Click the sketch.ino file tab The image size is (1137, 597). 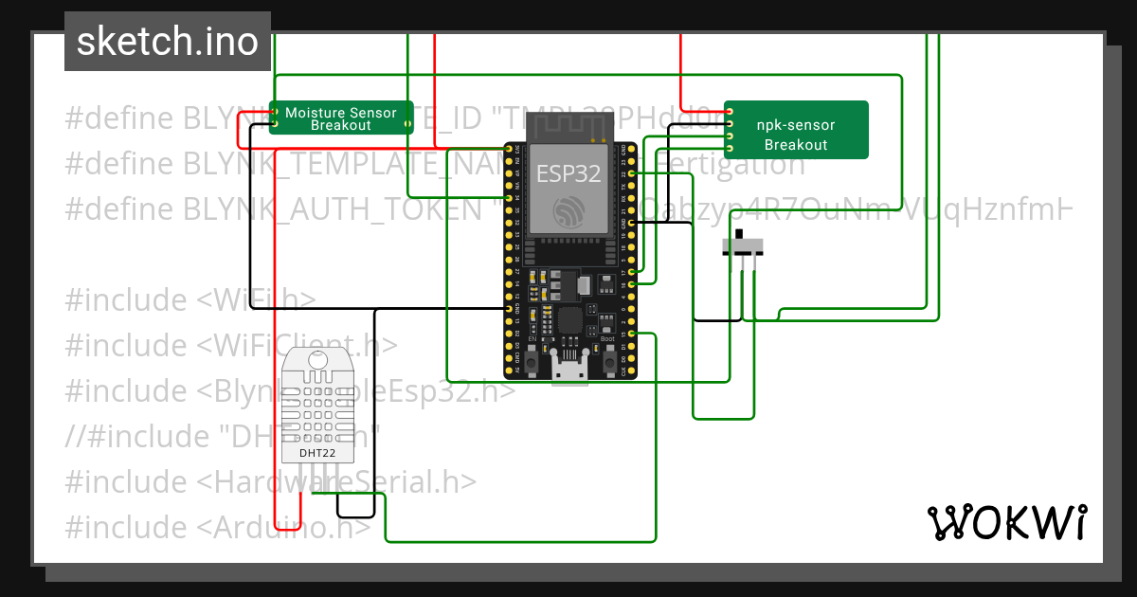coord(167,42)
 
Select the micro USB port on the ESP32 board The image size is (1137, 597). coord(570,368)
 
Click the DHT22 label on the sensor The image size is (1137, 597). coord(316,452)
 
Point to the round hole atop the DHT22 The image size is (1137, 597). coord(316,360)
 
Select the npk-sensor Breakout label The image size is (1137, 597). coord(796,135)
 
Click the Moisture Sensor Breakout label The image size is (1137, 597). coord(341,118)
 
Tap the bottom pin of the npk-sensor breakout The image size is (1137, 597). coord(730,149)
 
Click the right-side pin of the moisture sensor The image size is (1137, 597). coord(408,123)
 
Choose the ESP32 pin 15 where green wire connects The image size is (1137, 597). coord(631,334)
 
